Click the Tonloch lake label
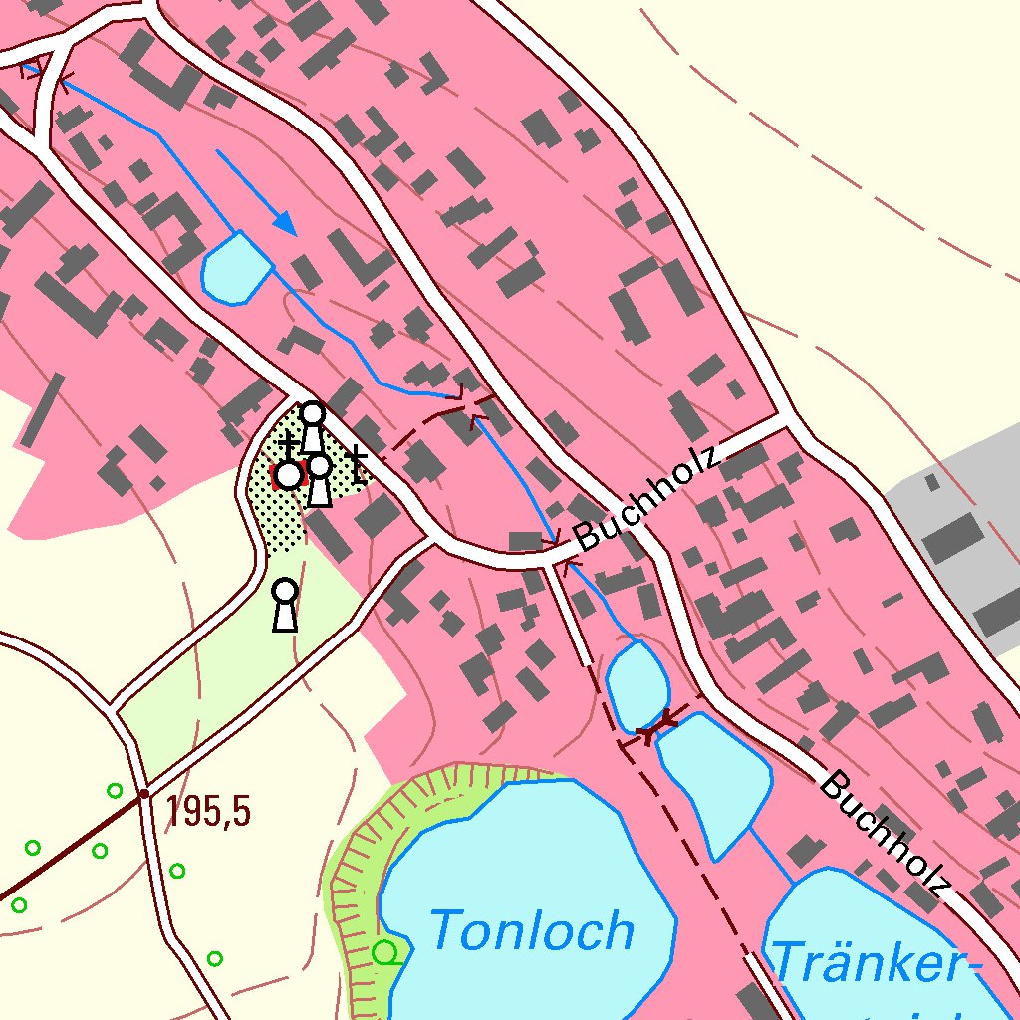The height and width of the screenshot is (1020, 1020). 533,932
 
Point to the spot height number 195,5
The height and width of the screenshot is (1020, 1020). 208,812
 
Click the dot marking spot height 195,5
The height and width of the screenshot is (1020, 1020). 144,794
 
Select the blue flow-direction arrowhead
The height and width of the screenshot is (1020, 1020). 287,225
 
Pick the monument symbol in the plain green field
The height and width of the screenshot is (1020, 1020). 285,605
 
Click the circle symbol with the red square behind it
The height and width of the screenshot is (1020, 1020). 288,475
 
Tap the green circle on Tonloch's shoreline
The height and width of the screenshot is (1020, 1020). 385,953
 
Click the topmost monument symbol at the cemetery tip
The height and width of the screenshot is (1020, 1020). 313,426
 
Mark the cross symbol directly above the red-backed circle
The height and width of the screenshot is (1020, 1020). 288,444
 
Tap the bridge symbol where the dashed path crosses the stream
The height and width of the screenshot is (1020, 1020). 466,403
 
